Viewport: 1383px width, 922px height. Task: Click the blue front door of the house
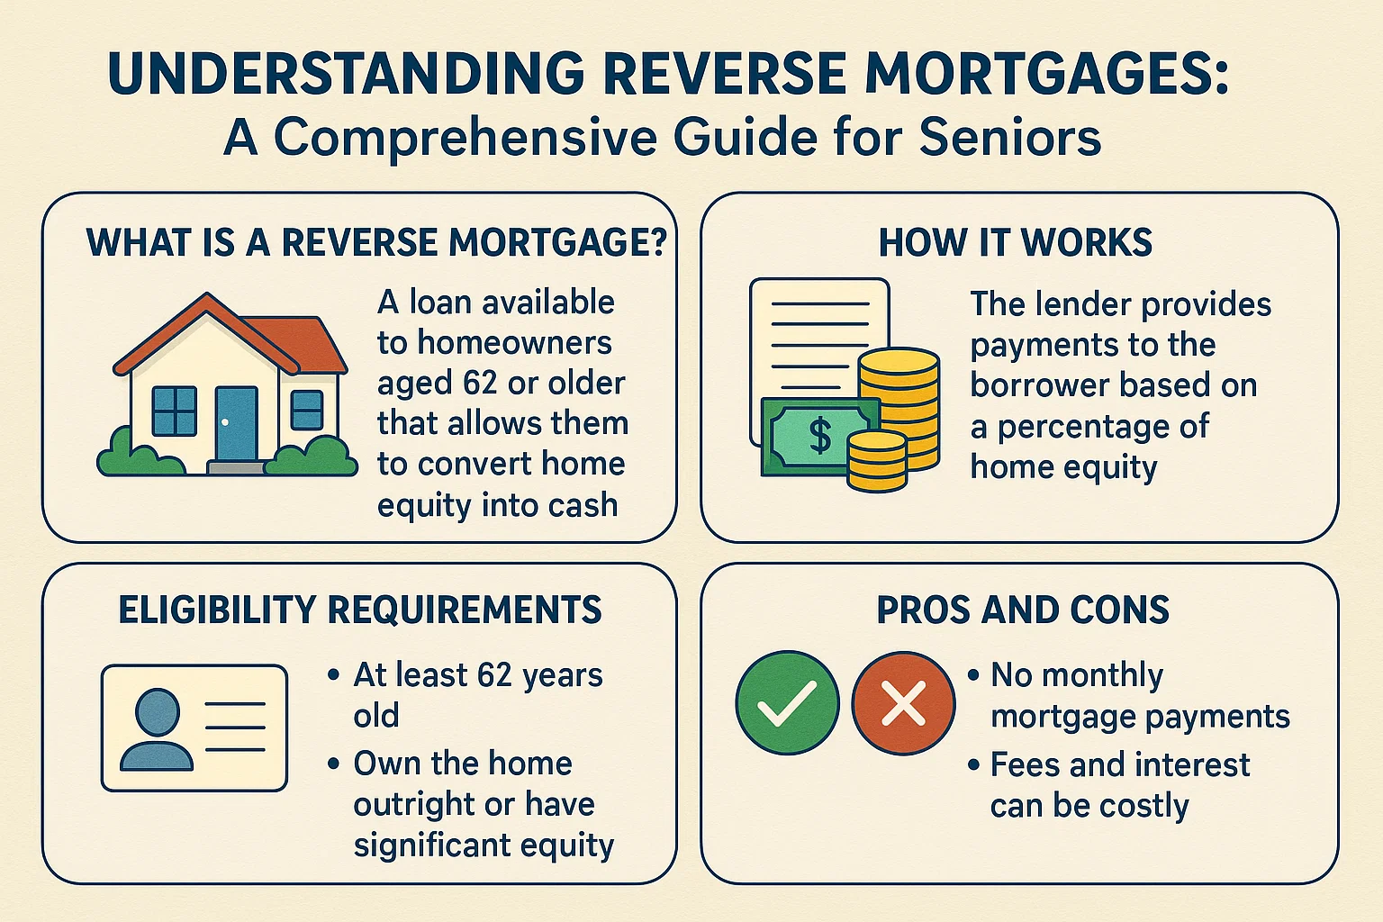tap(237, 423)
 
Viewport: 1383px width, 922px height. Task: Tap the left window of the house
tap(174, 411)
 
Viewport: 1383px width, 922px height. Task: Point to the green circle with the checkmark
tap(787, 702)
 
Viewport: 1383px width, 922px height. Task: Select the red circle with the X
tap(903, 702)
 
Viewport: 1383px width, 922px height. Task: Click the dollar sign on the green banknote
tap(820, 435)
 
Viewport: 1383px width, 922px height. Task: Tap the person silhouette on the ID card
tap(156, 729)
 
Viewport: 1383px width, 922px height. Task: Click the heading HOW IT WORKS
tap(1015, 243)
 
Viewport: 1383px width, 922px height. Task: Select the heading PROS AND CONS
tap(1023, 610)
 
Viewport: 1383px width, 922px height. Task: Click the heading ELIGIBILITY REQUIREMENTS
tap(360, 610)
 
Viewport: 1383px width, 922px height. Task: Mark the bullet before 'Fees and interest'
tap(973, 765)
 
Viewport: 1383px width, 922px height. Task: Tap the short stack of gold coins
tap(877, 460)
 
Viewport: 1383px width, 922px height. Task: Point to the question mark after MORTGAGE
tap(655, 243)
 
